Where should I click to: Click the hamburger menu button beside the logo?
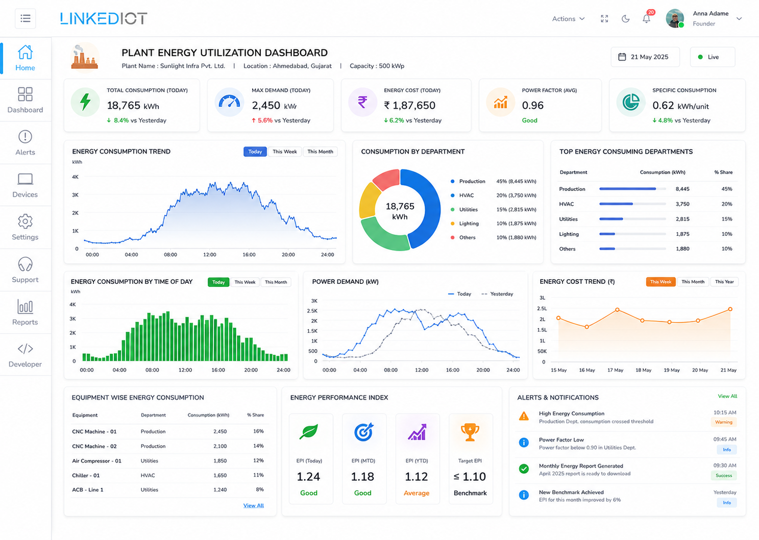click(x=26, y=18)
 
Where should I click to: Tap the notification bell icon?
click(x=647, y=19)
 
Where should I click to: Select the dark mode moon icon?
click(x=625, y=19)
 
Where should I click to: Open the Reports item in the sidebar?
click(x=25, y=312)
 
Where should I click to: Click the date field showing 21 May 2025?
click(x=645, y=57)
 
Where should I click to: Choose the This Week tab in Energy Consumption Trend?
click(x=285, y=152)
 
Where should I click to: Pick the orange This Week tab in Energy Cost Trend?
click(x=660, y=282)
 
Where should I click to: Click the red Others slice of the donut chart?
click(x=386, y=179)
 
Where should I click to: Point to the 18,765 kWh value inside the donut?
click(x=400, y=211)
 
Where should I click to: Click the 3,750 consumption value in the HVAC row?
click(x=682, y=204)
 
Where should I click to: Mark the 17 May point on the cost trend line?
click(x=618, y=310)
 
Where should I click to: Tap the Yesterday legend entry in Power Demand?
click(x=497, y=293)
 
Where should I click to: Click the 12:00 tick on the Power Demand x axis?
click(x=422, y=370)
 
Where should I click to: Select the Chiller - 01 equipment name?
click(x=86, y=475)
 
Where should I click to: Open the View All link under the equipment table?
click(x=254, y=505)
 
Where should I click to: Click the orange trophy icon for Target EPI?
click(x=470, y=432)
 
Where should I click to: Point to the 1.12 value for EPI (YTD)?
click(x=417, y=477)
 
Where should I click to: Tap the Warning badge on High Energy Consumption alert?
click(x=723, y=422)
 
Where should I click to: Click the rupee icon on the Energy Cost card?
click(x=362, y=102)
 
